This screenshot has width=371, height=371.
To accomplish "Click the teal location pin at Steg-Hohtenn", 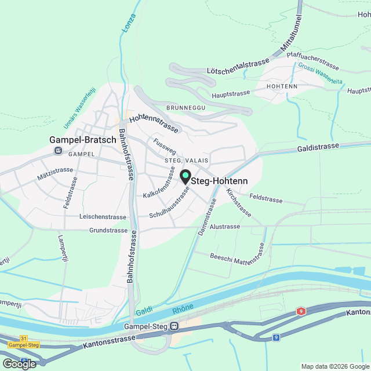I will (185, 176).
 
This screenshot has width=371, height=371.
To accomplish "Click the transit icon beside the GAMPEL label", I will (58, 151).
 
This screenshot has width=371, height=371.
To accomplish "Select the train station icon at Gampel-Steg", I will (173, 326).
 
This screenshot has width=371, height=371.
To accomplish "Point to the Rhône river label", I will (183, 310).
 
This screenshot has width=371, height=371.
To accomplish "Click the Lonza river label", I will (129, 21).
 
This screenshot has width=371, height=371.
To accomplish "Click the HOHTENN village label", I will (282, 86).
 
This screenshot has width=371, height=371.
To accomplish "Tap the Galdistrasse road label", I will (318, 147).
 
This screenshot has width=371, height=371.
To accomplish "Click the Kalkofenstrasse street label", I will (159, 183).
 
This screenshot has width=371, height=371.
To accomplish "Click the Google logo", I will (19, 363).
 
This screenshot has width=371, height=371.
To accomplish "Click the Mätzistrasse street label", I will (54, 170).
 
